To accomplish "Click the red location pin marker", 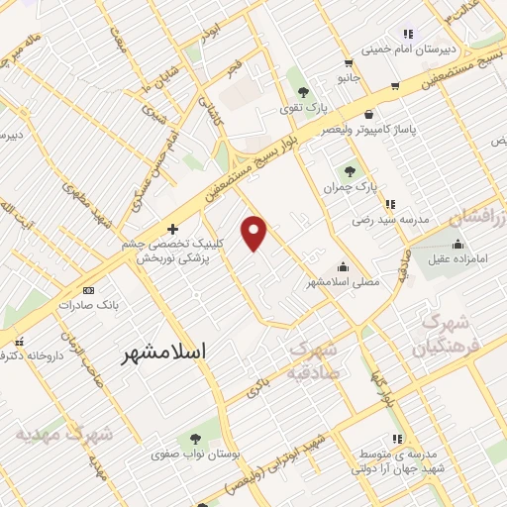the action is tap(254, 232).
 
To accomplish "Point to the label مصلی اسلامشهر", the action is tap(343, 282).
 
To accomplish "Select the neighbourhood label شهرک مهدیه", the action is tap(64, 434).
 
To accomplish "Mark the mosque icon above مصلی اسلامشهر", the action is tap(343, 265).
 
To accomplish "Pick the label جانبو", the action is tap(347, 77).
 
